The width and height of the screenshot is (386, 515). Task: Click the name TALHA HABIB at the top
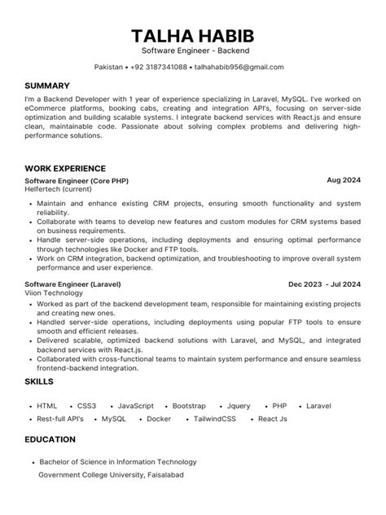pyautogui.click(x=192, y=36)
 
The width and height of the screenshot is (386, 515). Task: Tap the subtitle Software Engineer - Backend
pyautogui.click(x=192, y=51)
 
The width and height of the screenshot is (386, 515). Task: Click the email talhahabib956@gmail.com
pyautogui.click(x=239, y=67)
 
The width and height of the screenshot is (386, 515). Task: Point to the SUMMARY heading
pyautogui.click(x=47, y=86)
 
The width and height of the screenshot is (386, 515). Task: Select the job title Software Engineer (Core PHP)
pyautogui.click(x=77, y=180)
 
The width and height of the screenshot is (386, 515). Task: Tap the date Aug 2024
pyautogui.click(x=344, y=179)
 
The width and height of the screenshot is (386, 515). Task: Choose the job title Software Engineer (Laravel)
pyautogui.click(x=74, y=284)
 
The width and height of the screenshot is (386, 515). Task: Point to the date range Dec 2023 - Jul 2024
pyautogui.click(x=324, y=284)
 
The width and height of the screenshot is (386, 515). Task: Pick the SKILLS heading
pyautogui.click(x=39, y=381)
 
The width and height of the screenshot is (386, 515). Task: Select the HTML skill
pyautogui.click(x=47, y=406)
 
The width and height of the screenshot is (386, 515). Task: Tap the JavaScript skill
pyautogui.click(x=135, y=406)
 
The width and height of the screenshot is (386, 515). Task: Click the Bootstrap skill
pyautogui.click(x=189, y=406)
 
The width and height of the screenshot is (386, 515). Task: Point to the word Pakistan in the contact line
pyautogui.click(x=110, y=67)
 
